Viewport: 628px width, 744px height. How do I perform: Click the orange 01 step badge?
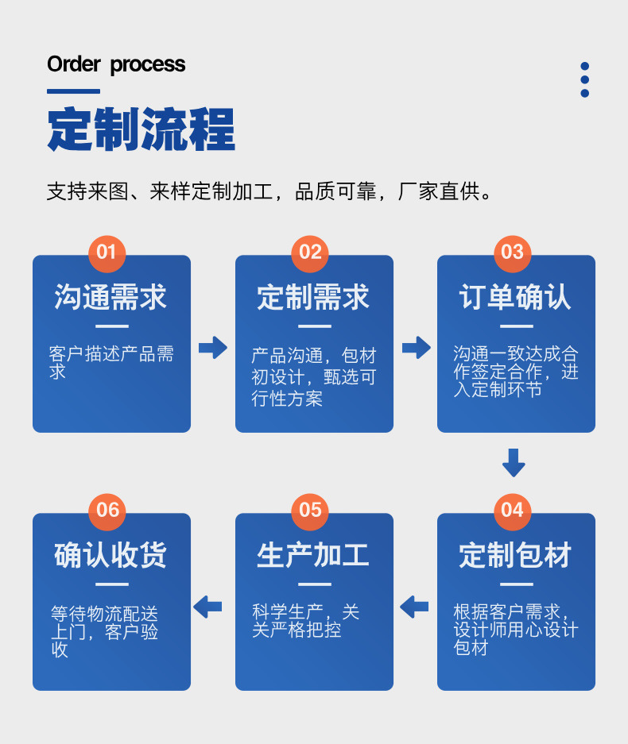(107, 252)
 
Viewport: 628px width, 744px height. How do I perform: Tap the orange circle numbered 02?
(310, 252)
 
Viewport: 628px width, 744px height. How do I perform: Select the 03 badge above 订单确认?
(513, 252)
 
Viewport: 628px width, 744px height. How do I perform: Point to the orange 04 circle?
(513, 509)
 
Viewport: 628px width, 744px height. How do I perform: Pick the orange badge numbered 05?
(310, 509)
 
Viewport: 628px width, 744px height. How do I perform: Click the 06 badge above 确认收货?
(107, 509)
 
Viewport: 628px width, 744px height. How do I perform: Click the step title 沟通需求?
(110, 298)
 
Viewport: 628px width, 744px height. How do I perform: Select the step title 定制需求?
(313, 298)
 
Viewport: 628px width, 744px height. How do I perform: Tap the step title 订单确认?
(516, 298)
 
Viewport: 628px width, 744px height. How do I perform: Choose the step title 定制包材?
(516, 555)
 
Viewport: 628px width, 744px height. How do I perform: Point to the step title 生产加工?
(313, 555)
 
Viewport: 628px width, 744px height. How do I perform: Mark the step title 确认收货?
(110, 555)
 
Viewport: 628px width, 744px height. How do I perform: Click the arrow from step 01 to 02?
(213, 347)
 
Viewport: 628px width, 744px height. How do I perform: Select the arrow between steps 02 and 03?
(416, 347)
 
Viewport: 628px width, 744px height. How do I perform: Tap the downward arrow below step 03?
(514, 462)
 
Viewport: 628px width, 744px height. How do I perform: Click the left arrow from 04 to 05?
(414, 607)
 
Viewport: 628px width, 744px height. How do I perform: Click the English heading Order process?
(116, 64)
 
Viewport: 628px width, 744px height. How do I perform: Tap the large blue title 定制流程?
(141, 129)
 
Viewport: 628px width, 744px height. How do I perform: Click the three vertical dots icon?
(585, 79)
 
